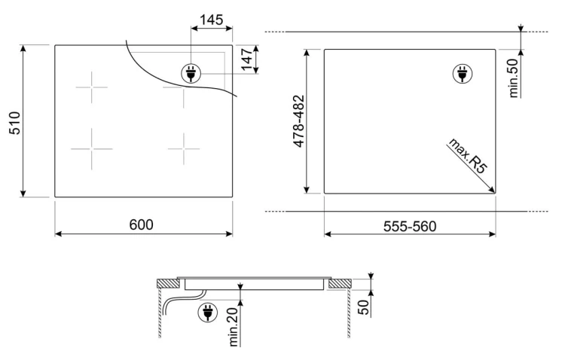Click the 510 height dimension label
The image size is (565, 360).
pyautogui.click(x=15, y=123)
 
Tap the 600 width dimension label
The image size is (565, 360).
pyautogui.click(x=142, y=225)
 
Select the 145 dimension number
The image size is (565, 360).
pyautogui.click(x=212, y=20)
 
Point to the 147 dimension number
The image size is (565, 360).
pyautogui.click(x=247, y=59)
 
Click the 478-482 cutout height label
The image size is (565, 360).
pyautogui.click(x=299, y=121)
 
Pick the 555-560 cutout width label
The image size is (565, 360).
pyautogui.click(x=410, y=226)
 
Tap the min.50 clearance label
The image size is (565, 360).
pyautogui.click(x=514, y=78)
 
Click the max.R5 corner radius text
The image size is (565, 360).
pyautogui.click(x=467, y=156)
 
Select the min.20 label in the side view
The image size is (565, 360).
pyautogui.click(x=234, y=327)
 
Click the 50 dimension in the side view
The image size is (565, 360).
pyautogui.click(x=364, y=307)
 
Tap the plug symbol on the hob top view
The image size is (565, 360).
pyautogui.click(x=191, y=74)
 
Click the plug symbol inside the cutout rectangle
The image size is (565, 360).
pyautogui.click(x=463, y=74)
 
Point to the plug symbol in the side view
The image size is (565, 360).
pyautogui.click(x=208, y=313)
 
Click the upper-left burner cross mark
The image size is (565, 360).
pyautogui.click(x=91, y=87)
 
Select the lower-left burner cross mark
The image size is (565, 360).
pyautogui.click(x=91, y=148)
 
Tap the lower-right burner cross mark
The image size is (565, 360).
pyautogui.click(x=184, y=148)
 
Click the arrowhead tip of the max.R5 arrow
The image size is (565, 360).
pyautogui.click(x=495, y=193)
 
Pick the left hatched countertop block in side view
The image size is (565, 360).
pyautogui.click(x=168, y=284)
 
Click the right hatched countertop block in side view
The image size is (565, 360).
pyautogui.click(x=340, y=284)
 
